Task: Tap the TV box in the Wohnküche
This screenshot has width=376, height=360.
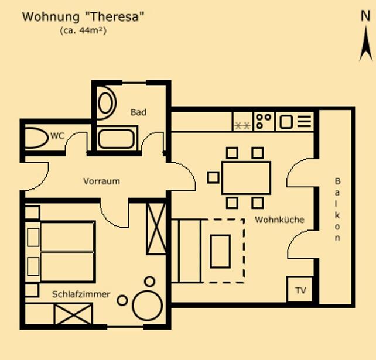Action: click(x=300, y=290)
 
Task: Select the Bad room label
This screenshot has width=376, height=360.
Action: click(x=138, y=112)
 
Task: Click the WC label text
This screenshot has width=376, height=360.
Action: click(x=57, y=136)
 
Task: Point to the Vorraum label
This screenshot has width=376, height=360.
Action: click(x=101, y=181)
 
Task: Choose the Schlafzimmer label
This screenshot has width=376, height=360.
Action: click(x=81, y=294)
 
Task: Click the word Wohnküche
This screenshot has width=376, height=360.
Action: click(x=279, y=220)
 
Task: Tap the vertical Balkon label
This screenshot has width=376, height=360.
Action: click(x=337, y=209)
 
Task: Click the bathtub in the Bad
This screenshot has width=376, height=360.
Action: click(x=117, y=139)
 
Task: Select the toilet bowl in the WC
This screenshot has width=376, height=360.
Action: click(x=36, y=138)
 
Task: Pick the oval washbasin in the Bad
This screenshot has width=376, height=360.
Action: click(x=105, y=103)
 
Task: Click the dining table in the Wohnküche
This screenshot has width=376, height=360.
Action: click(x=246, y=177)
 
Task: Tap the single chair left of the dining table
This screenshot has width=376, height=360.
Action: click(x=213, y=177)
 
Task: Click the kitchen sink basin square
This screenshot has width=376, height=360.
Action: click(x=286, y=122)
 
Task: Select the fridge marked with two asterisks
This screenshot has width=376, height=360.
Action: click(x=242, y=122)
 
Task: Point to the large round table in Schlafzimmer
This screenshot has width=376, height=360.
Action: click(x=147, y=306)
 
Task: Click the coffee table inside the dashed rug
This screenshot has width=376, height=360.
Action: click(x=220, y=251)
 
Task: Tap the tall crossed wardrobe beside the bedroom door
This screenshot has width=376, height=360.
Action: click(x=156, y=229)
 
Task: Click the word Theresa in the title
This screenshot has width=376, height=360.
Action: click(x=115, y=17)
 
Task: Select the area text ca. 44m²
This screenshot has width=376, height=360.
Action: click(x=83, y=30)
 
